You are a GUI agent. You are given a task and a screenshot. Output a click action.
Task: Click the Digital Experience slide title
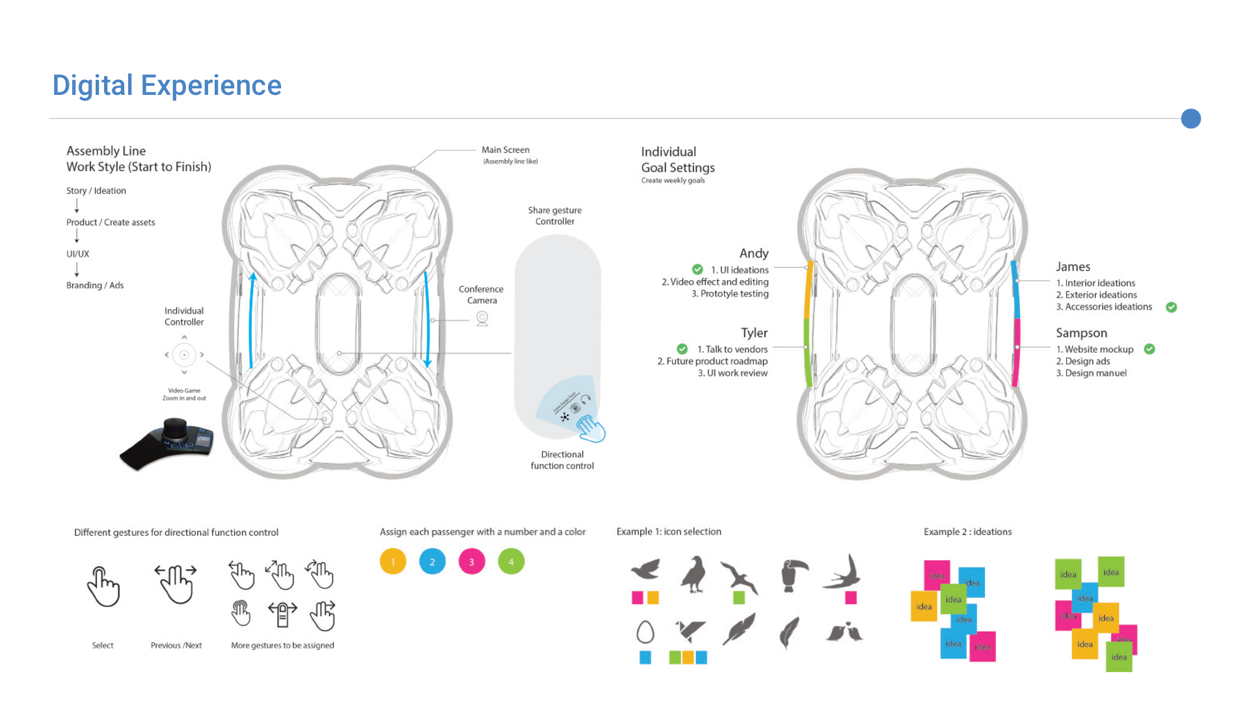pyautogui.click(x=167, y=86)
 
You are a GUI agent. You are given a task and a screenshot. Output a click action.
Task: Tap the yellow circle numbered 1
pyautogui.click(x=393, y=562)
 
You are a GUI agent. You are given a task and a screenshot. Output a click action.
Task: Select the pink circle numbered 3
pyautogui.click(x=472, y=562)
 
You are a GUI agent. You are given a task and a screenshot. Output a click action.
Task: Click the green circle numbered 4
pyautogui.click(x=511, y=562)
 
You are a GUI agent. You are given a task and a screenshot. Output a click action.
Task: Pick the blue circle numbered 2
pyautogui.click(x=433, y=562)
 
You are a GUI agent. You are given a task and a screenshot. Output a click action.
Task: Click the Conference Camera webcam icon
pyautogui.click(x=482, y=318)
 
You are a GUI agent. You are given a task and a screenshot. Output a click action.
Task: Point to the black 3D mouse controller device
pyautogui.click(x=168, y=443)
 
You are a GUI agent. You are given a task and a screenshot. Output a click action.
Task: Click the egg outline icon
pyautogui.click(x=645, y=632)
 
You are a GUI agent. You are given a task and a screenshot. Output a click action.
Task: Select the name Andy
pyautogui.click(x=753, y=253)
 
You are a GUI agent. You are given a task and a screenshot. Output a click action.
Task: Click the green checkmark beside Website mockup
pyautogui.click(x=1149, y=349)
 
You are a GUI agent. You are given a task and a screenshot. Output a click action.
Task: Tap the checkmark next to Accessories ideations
pyautogui.click(x=1172, y=307)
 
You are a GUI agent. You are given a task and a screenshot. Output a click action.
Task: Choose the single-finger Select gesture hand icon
pyautogui.click(x=103, y=587)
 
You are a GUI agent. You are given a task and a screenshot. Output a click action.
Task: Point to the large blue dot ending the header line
pyautogui.click(x=1190, y=119)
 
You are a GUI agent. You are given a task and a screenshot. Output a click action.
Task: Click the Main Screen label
pyautogui.click(x=505, y=150)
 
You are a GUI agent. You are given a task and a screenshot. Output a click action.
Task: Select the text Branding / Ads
pyautogui.click(x=95, y=285)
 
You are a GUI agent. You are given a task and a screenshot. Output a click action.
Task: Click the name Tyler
pyautogui.click(x=754, y=333)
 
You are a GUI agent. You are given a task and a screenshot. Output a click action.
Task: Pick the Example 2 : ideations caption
pyautogui.click(x=967, y=532)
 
